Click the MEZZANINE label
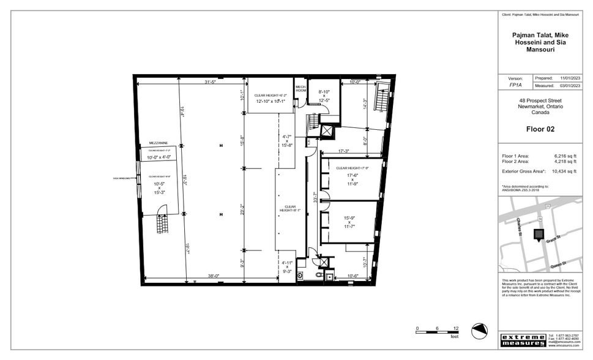point(150,143)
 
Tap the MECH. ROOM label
point(300,89)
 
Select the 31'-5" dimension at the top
point(213,82)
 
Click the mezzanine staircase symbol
point(162,220)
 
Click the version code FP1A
point(516,86)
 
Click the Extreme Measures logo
point(523,340)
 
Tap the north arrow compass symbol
point(480,331)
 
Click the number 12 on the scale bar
point(455,329)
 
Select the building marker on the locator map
point(539,234)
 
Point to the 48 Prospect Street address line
point(540,100)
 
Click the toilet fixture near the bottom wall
point(319,276)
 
